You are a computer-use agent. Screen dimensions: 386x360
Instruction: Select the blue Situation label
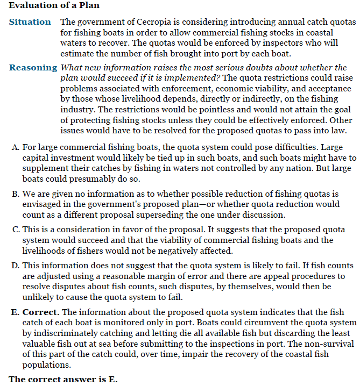click(30, 22)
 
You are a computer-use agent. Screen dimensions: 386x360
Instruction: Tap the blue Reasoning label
click(33, 68)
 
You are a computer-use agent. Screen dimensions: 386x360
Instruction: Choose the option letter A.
click(15, 148)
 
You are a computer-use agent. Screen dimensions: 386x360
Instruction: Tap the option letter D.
click(15, 266)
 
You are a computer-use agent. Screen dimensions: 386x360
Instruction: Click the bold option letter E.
click(15, 312)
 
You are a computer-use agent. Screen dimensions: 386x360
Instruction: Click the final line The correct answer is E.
click(63, 378)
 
